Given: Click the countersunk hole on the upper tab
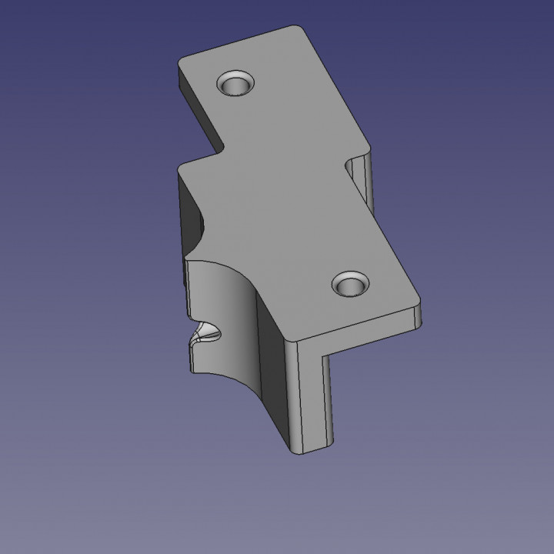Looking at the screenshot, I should (x=236, y=83).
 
